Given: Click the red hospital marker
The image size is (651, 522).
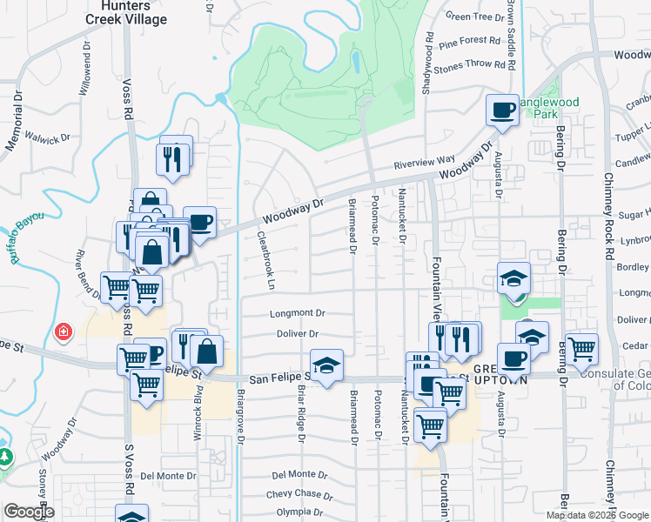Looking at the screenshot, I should [x=63, y=332].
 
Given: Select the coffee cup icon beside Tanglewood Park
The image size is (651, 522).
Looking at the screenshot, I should [x=502, y=110].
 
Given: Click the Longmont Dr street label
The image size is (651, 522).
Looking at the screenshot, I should [x=298, y=313].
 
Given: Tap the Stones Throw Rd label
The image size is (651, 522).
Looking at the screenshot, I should [x=469, y=64].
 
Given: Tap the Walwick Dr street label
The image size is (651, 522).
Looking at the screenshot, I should [x=47, y=137].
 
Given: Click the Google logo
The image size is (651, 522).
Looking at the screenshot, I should [x=29, y=512].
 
